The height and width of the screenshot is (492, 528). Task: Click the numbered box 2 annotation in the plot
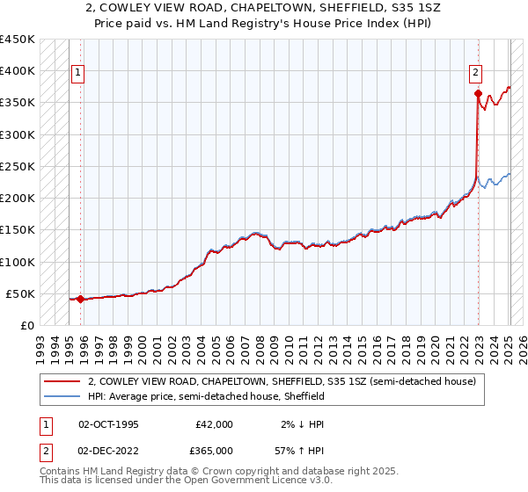click(475, 73)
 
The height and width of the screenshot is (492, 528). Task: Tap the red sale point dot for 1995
click(80, 299)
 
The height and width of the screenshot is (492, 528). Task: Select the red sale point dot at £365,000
click(478, 93)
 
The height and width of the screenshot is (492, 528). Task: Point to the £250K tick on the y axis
click(18, 166)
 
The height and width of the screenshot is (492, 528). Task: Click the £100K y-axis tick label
click(18, 262)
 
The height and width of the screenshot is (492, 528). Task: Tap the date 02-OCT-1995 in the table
click(108, 424)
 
